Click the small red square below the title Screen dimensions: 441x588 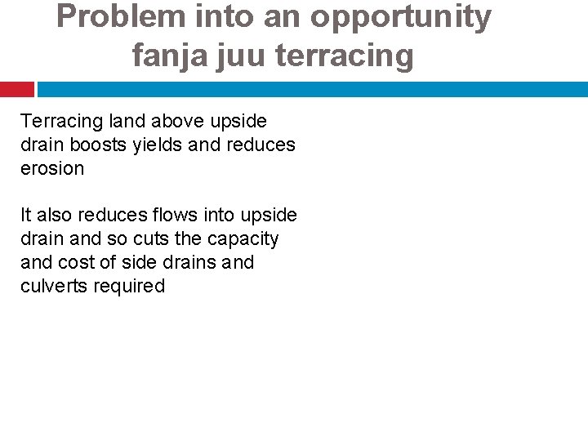click(16, 89)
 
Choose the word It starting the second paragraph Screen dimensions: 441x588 click(26, 216)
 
